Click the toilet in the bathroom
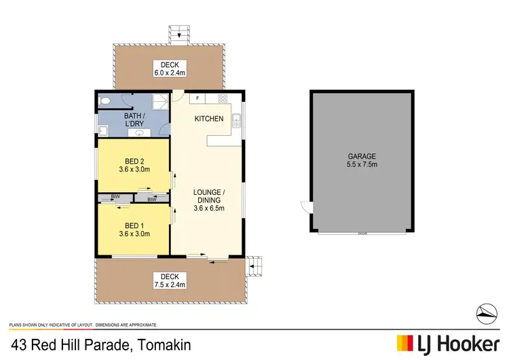click(x=105, y=101)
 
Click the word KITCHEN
click(x=208, y=119)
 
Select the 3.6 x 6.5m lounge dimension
click(x=208, y=209)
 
